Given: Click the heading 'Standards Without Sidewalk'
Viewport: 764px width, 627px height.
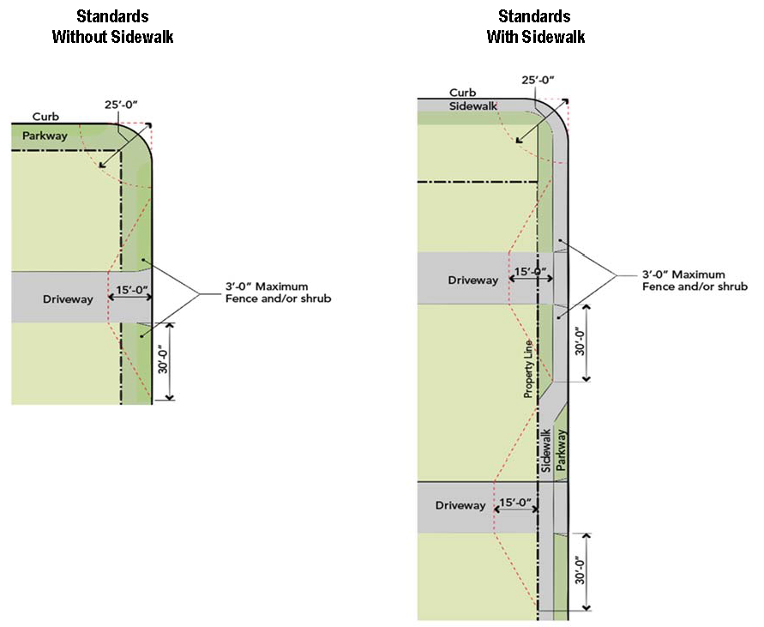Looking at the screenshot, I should pos(112,27).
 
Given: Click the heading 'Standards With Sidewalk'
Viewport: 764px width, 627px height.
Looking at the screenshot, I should pos(536,27).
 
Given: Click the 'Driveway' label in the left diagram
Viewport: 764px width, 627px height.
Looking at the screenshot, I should pos(67,299).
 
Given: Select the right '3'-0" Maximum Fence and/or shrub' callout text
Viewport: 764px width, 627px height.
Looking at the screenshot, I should pos(694,280).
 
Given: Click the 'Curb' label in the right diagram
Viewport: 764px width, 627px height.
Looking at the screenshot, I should pos(461,93).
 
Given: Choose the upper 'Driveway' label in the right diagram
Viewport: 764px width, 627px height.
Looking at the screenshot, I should pos(472,280).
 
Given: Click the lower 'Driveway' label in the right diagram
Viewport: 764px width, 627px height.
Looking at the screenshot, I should pos(460,505).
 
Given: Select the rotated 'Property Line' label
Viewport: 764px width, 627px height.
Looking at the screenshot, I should pos(528,370).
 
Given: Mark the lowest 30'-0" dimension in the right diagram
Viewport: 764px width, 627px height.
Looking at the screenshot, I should pos(580,571).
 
